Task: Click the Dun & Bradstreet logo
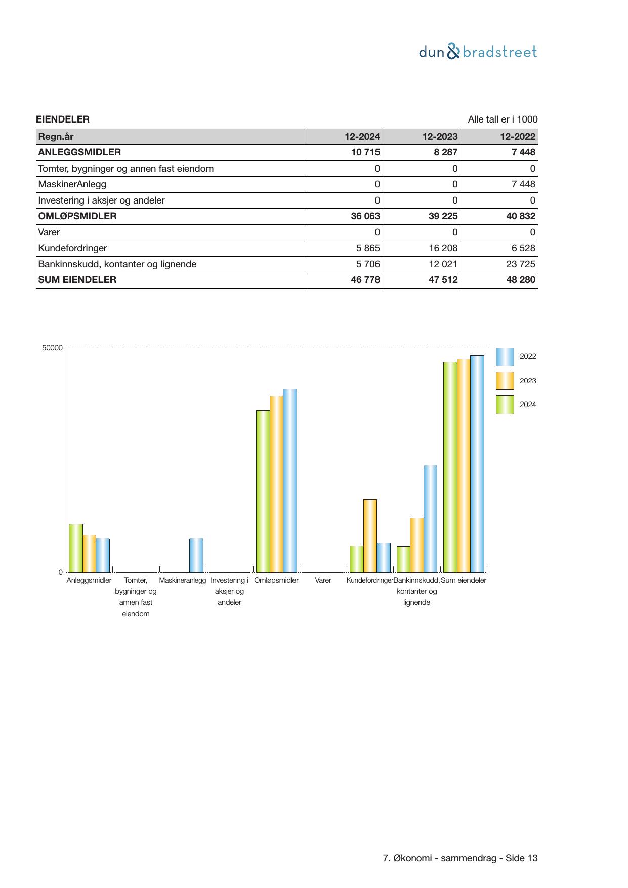tap(478, 52)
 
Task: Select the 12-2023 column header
tap(440, 137)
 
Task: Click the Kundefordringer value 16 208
tap(442, 248)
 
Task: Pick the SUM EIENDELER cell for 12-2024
tap(365, 280)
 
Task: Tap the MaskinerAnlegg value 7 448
tap(523, 184)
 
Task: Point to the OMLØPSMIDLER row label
tap(77, 216)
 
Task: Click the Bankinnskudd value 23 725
tap(520, 264)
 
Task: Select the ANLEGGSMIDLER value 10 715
tap(365, 152)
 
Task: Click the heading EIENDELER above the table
tap(63, 119)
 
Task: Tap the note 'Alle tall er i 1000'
tap(502, 119)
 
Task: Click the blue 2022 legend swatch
tap(505, 357)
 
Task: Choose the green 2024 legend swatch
tap(505, 405)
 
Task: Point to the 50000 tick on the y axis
tap(53, 348)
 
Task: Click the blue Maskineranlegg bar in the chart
tap(196, 555)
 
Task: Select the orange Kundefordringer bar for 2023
tap(370, 536)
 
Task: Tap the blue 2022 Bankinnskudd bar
tap(430, 519)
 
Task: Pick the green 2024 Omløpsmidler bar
tap(263, 491)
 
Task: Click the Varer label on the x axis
tap(323, 580)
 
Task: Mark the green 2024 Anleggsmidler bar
tap(76, 548)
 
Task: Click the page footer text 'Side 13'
tap(521, 858)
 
